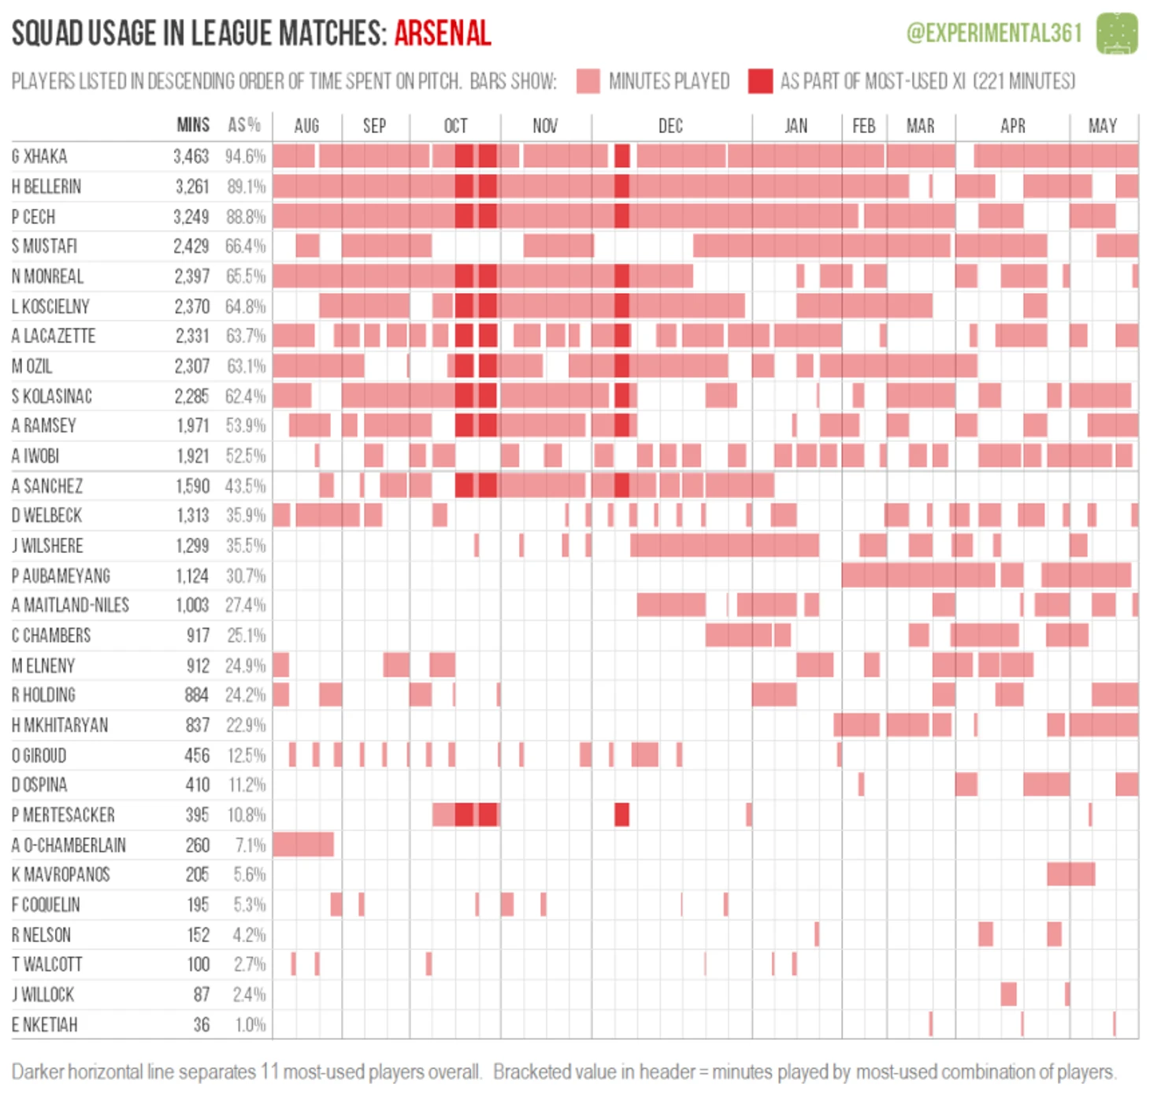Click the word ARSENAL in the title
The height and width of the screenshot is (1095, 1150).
(443, 33)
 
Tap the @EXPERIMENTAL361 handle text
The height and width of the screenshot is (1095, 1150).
(994, 33)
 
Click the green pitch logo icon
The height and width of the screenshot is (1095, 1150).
(1117, 33)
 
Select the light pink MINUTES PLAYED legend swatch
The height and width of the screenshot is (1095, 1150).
(588, 81)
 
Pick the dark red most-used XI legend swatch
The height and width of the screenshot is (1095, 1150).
(760, 81)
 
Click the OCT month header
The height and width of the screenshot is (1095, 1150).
(455, 126)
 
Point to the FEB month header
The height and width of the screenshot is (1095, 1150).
(863, 126)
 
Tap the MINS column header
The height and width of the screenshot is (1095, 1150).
(193, 125)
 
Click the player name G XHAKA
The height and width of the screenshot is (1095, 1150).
(39, 156)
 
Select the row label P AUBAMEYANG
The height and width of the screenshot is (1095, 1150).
(61, 576)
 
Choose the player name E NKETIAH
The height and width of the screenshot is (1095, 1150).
(44, 1025)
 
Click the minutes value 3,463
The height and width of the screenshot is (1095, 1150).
(191, 156)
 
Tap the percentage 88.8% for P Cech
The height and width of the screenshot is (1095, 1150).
(246, 217)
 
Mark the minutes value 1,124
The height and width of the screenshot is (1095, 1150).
(192, 576)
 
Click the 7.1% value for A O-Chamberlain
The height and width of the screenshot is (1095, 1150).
(250, 845)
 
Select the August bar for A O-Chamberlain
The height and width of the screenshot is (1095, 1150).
(302, 844)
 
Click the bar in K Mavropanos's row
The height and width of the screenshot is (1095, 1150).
(1070, 874)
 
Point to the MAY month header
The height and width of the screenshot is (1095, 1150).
(1102, 126)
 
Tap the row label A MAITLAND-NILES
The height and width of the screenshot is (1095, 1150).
(70, 606)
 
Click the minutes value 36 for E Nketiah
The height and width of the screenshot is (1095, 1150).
(202, 1025)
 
